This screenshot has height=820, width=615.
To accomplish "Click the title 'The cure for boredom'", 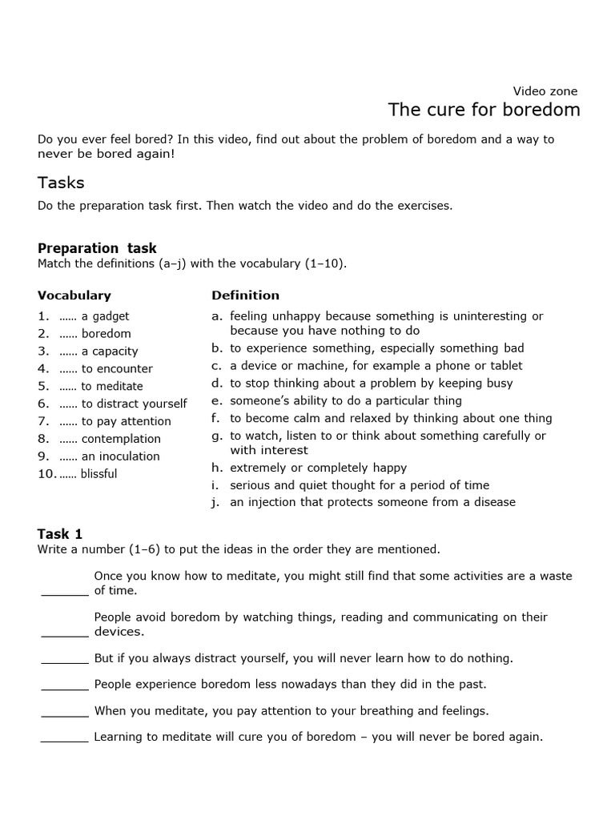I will [x=484, y=110].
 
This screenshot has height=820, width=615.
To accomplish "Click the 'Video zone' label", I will [x=545, y=91].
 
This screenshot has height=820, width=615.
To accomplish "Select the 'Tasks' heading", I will [x=61, y=183].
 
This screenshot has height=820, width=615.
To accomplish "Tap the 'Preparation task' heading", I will [x=97, y=248].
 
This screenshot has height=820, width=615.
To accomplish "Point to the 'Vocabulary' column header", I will [x=74, y=295].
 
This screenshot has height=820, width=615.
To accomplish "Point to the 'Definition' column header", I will [x=245, y=295].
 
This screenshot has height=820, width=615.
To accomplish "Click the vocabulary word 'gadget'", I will [x=111, y=316].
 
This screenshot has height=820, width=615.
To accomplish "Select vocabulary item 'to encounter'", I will [x=117, y=369].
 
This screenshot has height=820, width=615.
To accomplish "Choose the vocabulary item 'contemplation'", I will [x=121, y=439].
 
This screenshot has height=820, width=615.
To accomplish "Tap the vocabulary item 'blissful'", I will [x=99, y=474].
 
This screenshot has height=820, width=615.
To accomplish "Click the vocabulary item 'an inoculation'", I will [x=120, y=456].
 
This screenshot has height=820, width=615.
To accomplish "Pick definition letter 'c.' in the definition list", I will [x=216, y=366].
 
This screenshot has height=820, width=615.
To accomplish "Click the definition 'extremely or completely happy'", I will [x=318, y=468].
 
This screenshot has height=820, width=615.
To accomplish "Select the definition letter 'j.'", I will [x=216, y=502].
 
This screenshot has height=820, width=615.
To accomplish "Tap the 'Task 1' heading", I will [x=60, y=534].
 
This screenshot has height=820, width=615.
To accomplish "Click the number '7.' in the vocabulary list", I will [x=43, y=421].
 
